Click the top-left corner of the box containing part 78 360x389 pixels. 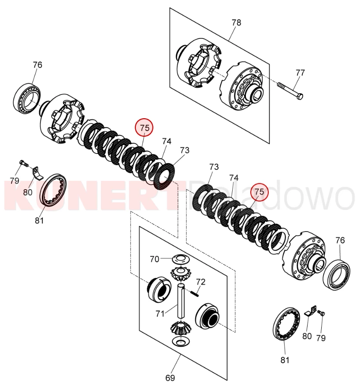[x=170, y=7]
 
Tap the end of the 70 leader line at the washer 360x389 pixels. [x=173, y=258]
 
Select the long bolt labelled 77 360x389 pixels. [x=290, y=90]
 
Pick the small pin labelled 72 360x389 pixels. [x=195, y=293]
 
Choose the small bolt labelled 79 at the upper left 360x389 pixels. [x=24, y=163]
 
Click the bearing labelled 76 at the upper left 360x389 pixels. [x=27, y=98]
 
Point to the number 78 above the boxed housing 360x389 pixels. [x=236, y=22]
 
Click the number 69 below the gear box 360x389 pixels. [x=170, y=378]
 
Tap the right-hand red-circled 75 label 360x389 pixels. [x=259, y=191]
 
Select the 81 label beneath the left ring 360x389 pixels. [x=39, y=221]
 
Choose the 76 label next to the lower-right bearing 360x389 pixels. [x=340, y=240]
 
